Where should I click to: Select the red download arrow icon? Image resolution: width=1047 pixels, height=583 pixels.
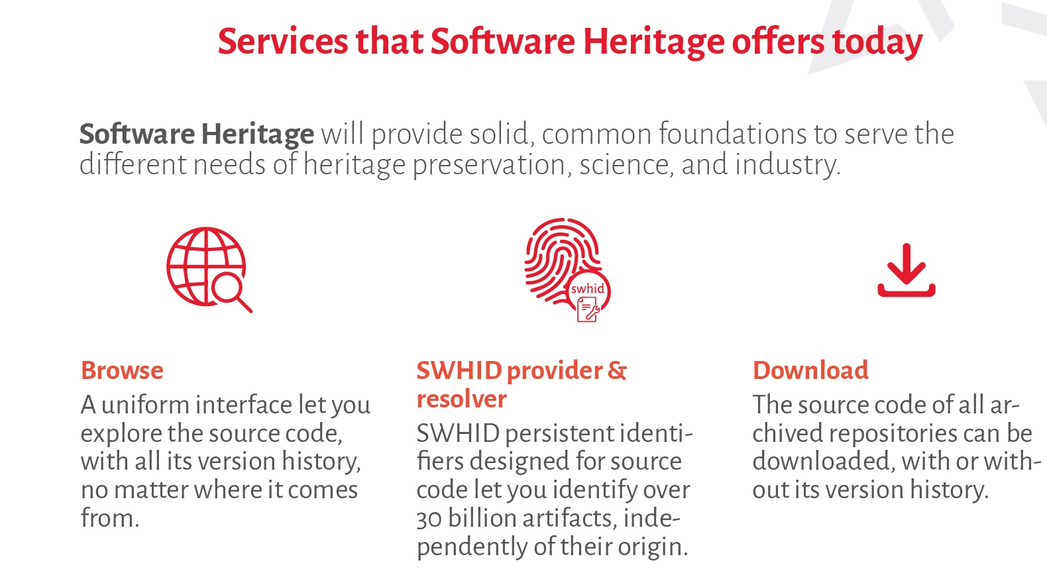[907, 270]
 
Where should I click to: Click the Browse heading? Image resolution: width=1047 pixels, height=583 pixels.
[122, 370]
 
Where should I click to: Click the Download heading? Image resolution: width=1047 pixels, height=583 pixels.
[810, 370]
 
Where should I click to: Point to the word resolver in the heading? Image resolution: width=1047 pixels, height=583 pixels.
[461, 399]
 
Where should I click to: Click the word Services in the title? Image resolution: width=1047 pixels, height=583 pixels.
[283, 42]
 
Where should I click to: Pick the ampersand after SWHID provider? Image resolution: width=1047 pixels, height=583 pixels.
[617, 370]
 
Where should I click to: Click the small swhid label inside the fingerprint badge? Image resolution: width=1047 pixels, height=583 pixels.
[588, 289]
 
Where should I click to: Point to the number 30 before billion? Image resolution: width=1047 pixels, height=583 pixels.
[429, 519]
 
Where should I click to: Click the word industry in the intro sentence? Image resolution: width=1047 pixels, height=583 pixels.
[787, 165]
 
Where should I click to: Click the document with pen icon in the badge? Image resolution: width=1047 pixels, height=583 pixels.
[588, 309]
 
